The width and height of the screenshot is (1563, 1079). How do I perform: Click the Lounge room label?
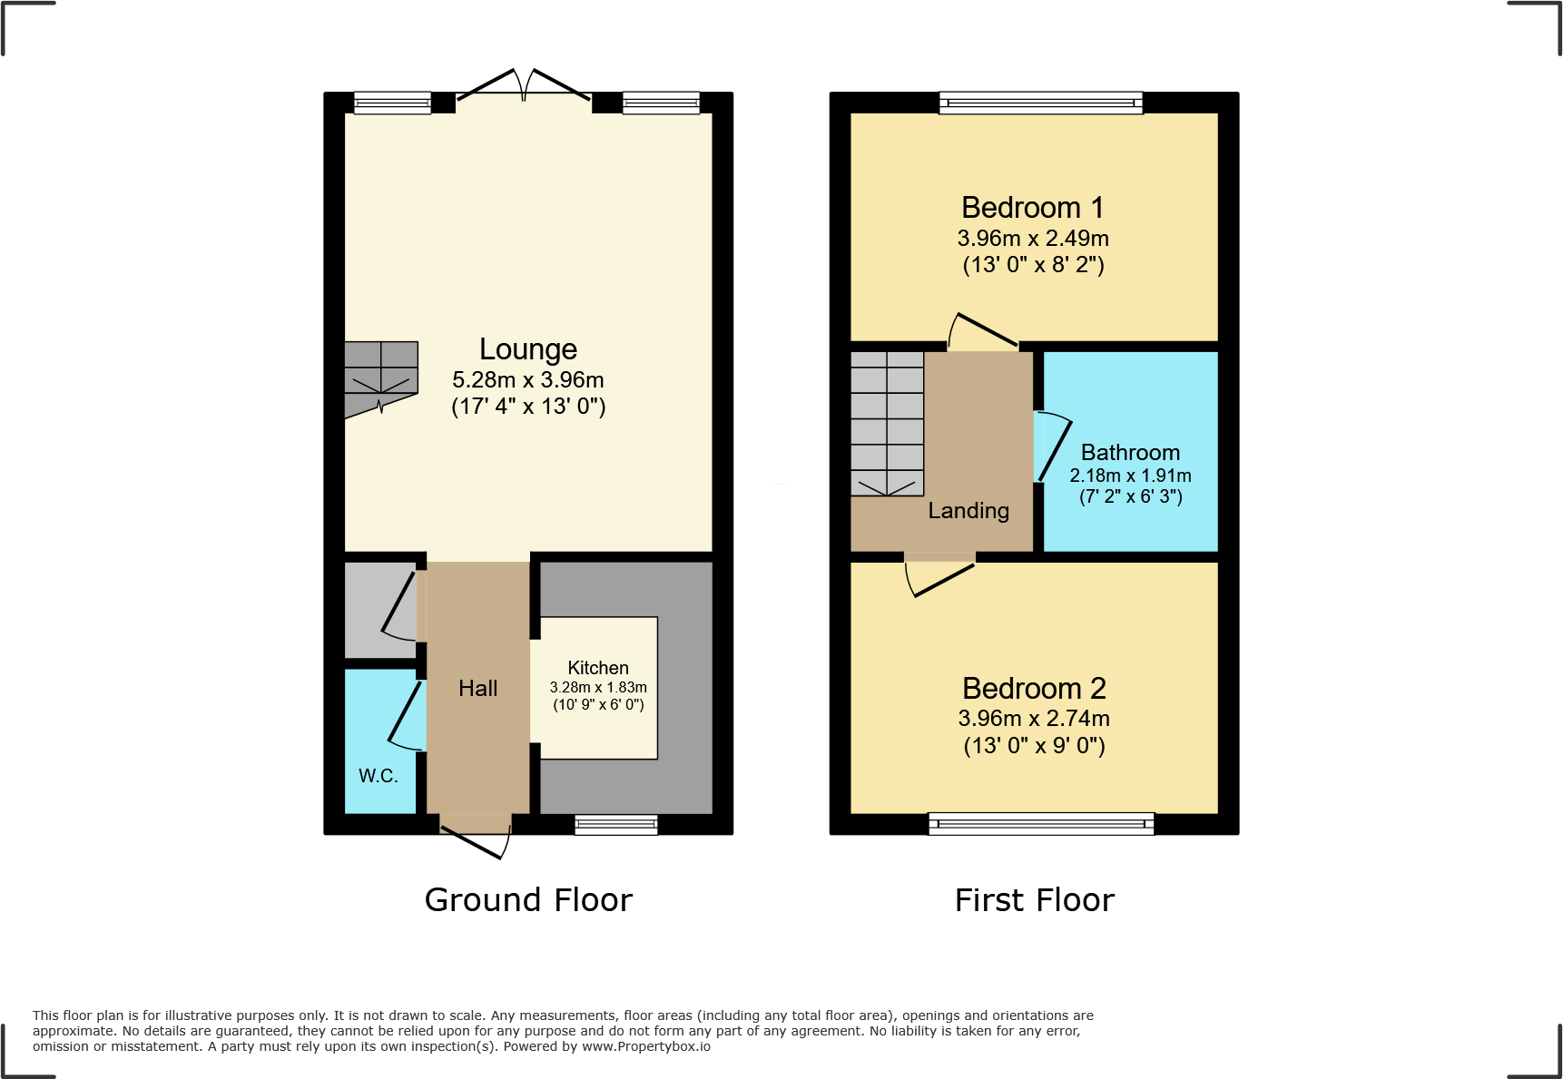pyautogui.click(x=528, y=349)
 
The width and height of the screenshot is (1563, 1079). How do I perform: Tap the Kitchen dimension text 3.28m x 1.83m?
pyautogui.click(x=598, y=688)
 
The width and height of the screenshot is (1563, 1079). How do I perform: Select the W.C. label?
pyautogui.click(x=378, y=776)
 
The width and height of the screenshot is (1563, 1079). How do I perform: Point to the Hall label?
pyautogui.click(x=478, y=689)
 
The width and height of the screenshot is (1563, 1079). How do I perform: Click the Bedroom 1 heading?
pyautogui.click(x=1033, y=208)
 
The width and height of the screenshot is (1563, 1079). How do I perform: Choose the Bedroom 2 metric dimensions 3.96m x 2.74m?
pyautogui.click(x=1034, y=719)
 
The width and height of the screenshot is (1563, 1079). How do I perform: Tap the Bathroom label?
pyautogui.click(x=1130, y=453)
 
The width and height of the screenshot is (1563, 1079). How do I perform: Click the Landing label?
pyautogui.click(x=968, y=511)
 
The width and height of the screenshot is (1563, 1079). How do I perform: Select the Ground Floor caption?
pyautogui.click(x=528, y=900)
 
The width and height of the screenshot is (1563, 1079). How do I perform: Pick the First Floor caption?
pyautogui.click(x=1034, y=900)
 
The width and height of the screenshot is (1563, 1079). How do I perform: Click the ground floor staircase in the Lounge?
pyautogui.click(x=380, y=377)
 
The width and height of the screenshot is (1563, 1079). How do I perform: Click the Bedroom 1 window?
pyautogui.click(x=1041, y=103)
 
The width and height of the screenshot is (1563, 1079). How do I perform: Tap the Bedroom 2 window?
pyautogui.click(x=1041, y=824)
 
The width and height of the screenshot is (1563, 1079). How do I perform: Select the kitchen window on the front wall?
pyautogui.click(x=616, y=824)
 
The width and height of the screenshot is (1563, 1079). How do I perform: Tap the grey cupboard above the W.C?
pyautogui.click(x=377, y=610)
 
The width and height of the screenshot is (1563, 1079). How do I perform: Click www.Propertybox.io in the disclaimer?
pyautogui.click(x=645, y=1046)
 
